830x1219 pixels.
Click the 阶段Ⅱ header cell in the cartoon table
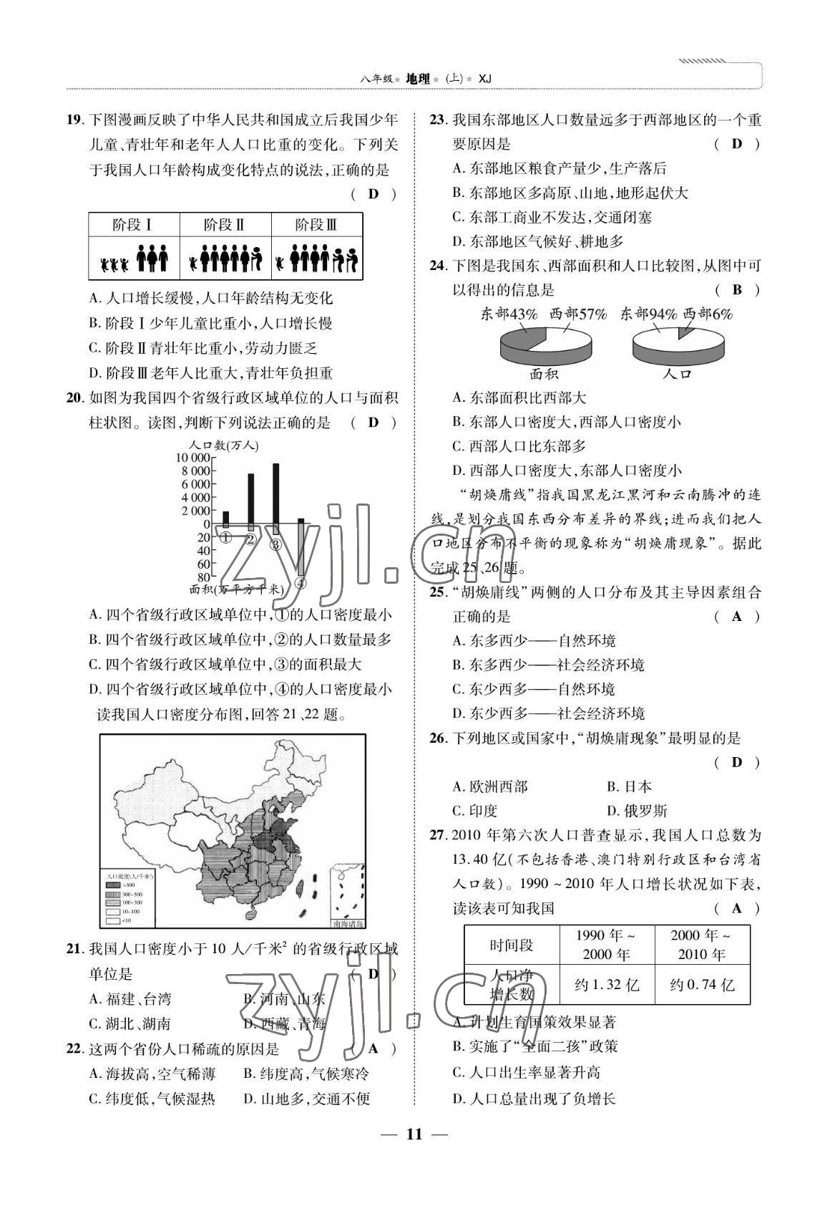tap(225, 225)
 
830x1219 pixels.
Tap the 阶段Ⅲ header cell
tap(316, 225)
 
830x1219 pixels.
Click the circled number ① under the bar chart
tap(225, 538)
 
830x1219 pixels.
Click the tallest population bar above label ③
tap(275, 493)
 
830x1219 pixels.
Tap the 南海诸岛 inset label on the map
tap(347, 923)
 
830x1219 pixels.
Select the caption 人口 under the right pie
tap(676, 373)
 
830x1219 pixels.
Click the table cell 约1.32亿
tap(607, 985)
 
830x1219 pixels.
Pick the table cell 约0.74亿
tap(702, 985)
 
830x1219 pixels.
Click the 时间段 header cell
tap(511, 945)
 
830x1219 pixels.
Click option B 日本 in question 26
tap(630, 786)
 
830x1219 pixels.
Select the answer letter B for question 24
tap(737, 289)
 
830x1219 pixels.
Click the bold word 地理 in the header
tap(418, 79)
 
